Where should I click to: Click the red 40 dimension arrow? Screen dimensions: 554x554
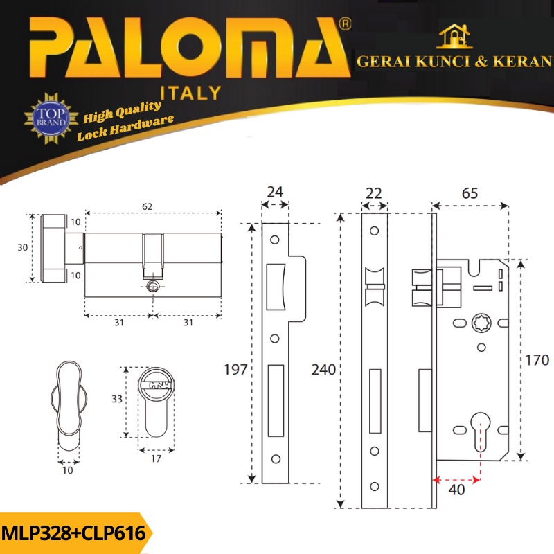pyautogui.click(x=456, y=480)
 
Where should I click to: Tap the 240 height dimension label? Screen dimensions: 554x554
pyautogui.click(x=323, y=370)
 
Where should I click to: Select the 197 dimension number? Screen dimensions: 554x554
pyautogui.click(x=235, y=370)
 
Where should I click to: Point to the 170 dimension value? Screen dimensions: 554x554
pyautogui.click(x=537, y=360)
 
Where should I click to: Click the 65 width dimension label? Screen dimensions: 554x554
pyautogui.click(x=470, y=193)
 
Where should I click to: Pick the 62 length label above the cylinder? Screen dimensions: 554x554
pyautogui.click(x=147, y=206)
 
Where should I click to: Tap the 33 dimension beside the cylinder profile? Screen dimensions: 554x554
pyautogui.click(x=117, y=399)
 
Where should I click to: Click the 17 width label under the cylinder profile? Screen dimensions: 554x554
pyautogui.click(x=156, y=458)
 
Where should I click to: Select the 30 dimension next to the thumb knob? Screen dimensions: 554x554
pyautogui.click(x=23, y=247)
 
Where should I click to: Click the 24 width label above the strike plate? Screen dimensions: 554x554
pyautogui.click(x=275, y=192)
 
